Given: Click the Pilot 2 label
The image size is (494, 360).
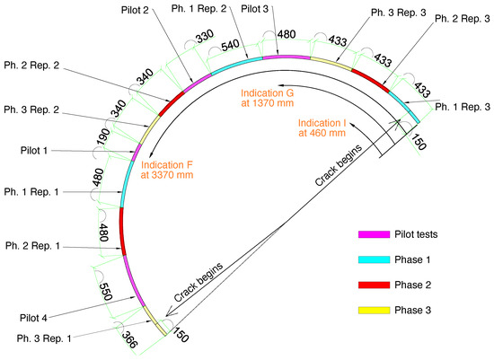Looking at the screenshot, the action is (x=135, y=10).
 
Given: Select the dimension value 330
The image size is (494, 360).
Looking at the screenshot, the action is (x=205, y=36).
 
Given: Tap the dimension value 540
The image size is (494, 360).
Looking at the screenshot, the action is (x=230, y=46).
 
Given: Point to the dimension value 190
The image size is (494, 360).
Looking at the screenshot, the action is (x=103, y=136).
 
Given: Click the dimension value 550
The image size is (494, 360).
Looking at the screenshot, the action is (x=106, y=292).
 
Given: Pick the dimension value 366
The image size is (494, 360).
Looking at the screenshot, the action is (x=129, y=339).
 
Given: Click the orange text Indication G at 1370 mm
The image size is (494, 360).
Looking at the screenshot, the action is (x=267, y=98).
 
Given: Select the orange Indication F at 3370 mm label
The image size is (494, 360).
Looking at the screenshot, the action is (x=167, y=170).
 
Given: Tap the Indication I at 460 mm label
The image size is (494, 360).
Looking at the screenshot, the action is (x=322, y=127).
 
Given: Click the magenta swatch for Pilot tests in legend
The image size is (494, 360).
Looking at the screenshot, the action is (x=374, y=234).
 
